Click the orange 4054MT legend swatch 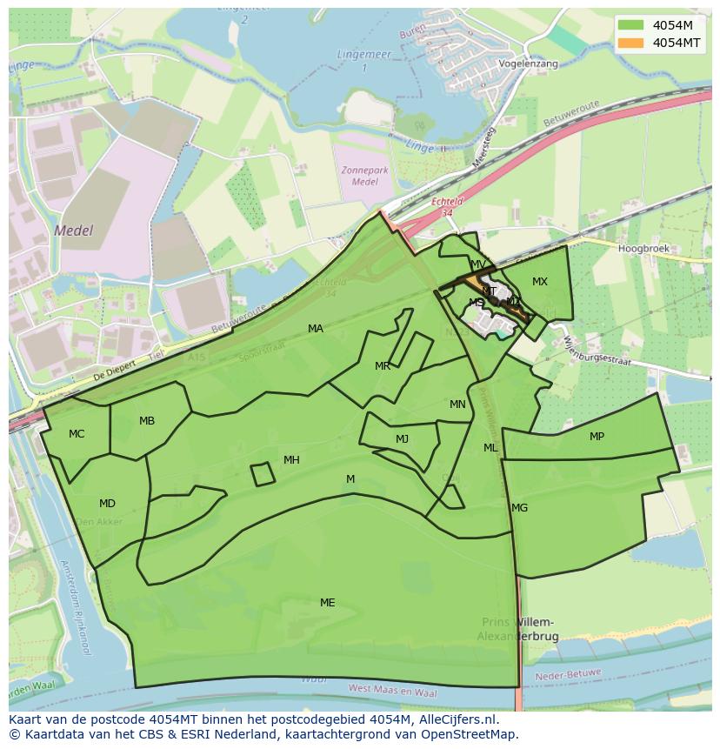click(631, 43)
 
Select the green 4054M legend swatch click(631, 24)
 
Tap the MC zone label click(77, 433)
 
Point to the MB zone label click(147, 421)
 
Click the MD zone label click(107, 503)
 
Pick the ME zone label click(327, 602)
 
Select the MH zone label click(291, 459)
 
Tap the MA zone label click(316, 328)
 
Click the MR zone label click(383, 366)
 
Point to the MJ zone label click(402, 438)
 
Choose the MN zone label click(457, 405)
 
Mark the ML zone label click(490, 447)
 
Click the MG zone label click(519, 507)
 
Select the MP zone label click(597, 436)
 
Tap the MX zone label click(540, 281)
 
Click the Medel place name click(72, 231)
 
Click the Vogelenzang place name click(528, 64)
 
